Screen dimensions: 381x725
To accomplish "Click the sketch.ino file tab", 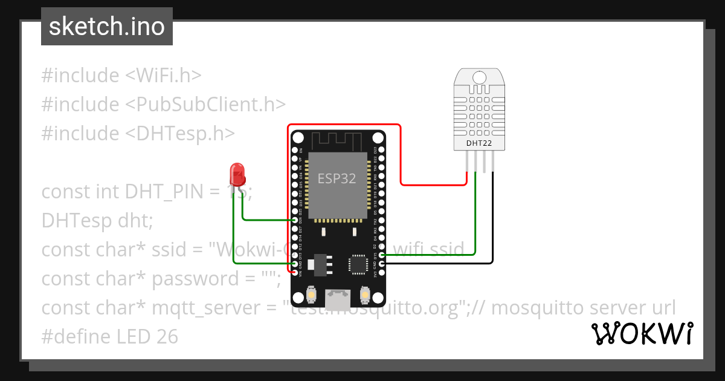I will tap(106, 27).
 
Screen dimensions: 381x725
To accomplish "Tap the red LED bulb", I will tap(237, 174).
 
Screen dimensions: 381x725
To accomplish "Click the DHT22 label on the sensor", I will tap(480, 143).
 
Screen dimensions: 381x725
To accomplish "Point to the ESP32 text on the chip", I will tap(337, 178).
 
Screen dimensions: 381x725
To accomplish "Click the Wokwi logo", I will tap(642, 334).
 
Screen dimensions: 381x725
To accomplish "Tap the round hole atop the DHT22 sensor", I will tap(480, 77).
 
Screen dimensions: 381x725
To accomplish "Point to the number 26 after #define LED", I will tap(167, 337).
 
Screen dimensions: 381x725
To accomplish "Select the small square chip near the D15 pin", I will tap(357, 264).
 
